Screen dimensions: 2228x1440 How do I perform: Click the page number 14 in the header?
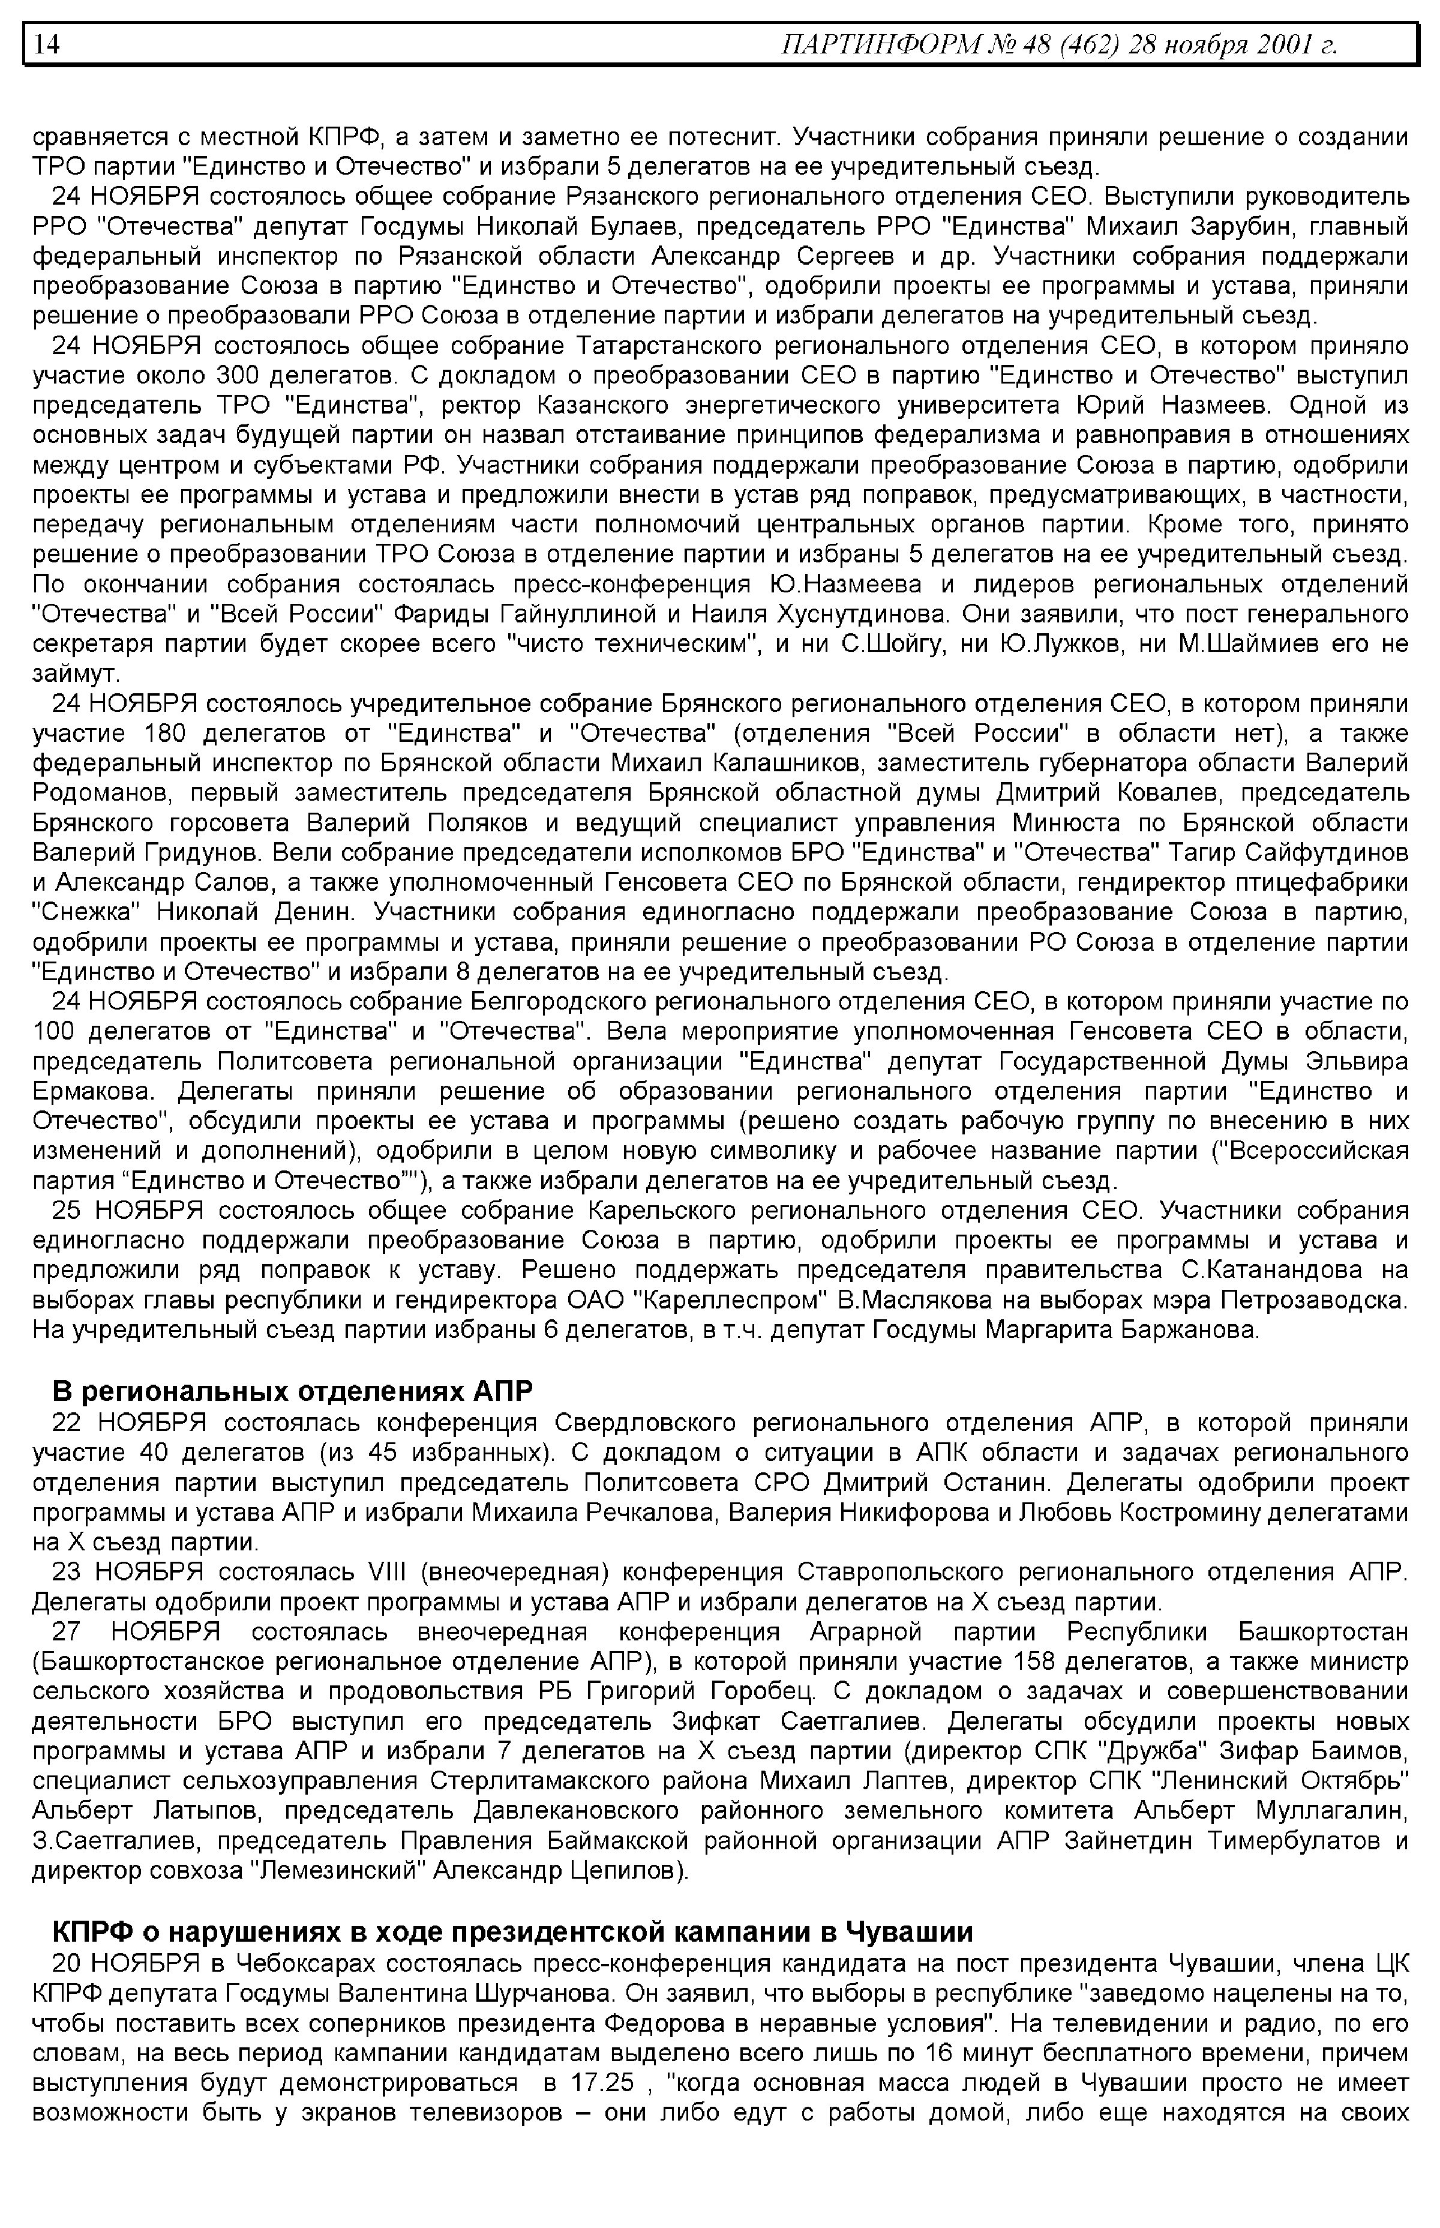point(47,44)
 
